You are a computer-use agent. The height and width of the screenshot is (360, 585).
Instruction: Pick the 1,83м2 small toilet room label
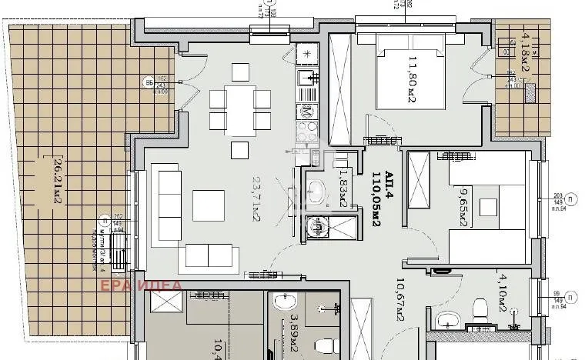346,190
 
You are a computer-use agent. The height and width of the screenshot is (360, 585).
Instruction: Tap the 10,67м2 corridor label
399,302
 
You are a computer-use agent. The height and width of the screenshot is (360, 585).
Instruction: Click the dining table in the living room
240,108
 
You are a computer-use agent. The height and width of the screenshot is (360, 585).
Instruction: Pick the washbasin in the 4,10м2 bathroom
446,322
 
